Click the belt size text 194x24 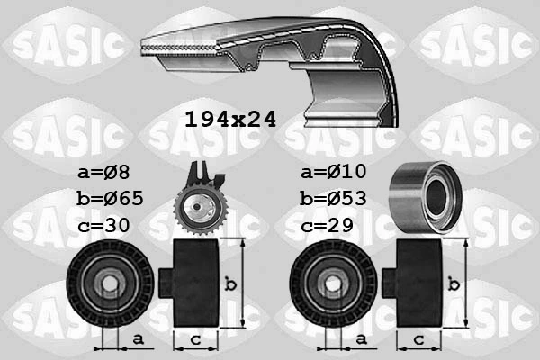[x=229, y=118]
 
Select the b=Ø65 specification [x=111, y=198]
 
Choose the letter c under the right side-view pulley [x=418, y=339]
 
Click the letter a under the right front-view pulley [x=360, y=339]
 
